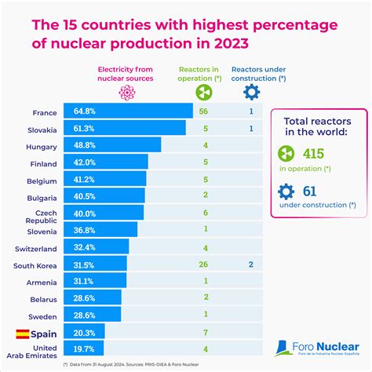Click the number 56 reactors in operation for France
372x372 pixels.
205,111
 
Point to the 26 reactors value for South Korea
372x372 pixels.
205,264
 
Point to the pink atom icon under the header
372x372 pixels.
126,91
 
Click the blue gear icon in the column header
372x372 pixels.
253,91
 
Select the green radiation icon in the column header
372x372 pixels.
205,91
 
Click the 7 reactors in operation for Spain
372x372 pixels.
205,333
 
